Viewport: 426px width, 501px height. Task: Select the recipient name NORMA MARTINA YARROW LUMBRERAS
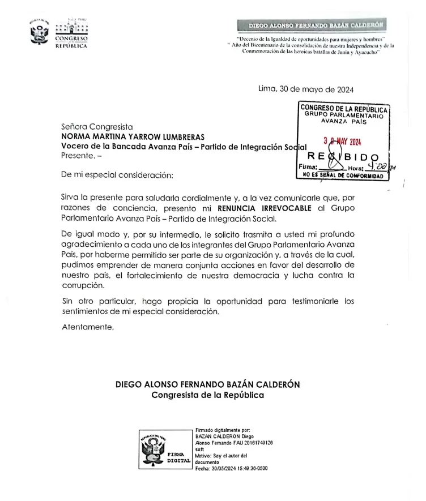tap(133, 136)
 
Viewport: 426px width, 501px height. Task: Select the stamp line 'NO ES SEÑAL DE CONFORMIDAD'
tap(343, 175)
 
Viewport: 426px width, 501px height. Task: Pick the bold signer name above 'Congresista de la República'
tap(207, 384)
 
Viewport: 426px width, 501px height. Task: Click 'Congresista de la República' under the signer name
tap(207, 395)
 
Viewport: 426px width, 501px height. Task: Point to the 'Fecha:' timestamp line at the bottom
tap(231, 469)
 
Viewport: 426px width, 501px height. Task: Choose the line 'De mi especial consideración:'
tap(116, 175)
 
